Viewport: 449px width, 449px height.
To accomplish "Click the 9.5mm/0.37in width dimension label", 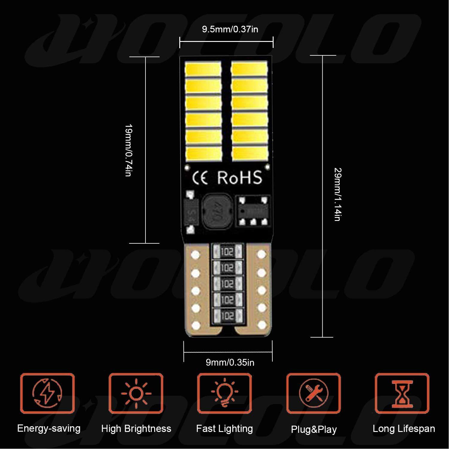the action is [230, 29].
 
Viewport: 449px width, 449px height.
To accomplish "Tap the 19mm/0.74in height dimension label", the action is [128, 150].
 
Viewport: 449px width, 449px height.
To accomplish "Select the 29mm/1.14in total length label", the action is [338, 195].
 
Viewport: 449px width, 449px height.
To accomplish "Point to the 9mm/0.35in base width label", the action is [230, 362].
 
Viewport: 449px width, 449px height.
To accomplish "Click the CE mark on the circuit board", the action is [200, 178].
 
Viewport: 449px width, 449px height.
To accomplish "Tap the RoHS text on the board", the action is [239, 178].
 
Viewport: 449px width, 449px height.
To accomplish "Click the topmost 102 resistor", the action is [227, 252].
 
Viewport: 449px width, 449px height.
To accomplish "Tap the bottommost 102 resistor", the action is [227, 315].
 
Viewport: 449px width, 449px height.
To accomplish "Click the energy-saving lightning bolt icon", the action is [47, 393].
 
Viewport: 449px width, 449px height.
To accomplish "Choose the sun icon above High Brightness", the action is [136, 393].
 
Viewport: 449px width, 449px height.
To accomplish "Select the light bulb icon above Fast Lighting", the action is [224, 393].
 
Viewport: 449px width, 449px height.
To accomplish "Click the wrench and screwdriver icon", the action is [313, 393].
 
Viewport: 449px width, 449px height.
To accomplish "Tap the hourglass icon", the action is [402, 393].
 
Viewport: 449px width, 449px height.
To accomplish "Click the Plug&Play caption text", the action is [314, 430].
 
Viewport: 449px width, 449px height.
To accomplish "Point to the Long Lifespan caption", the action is [404, 429].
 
